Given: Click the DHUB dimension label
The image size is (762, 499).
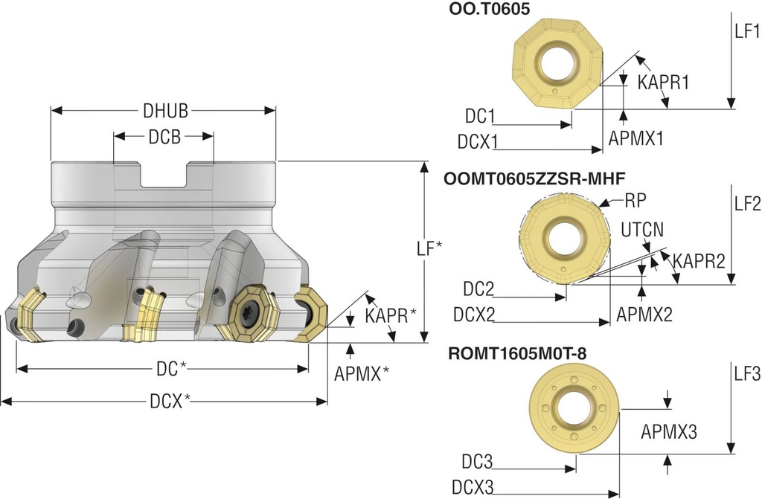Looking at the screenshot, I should (165, 111).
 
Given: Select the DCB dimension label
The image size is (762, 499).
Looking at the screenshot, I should (164, 136).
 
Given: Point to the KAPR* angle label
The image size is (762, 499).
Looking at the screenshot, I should (391, 315).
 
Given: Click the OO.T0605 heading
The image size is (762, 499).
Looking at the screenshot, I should (490, 10).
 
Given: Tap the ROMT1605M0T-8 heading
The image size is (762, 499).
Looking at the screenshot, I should (517, 353).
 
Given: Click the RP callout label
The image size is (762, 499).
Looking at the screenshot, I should (635, 200).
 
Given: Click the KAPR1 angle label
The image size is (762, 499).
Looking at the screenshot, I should (663, 82).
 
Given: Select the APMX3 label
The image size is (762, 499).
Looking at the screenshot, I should (669, 431).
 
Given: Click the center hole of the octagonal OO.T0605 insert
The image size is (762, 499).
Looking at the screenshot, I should (559, 62).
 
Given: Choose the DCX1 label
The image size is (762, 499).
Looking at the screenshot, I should (478, 141).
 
